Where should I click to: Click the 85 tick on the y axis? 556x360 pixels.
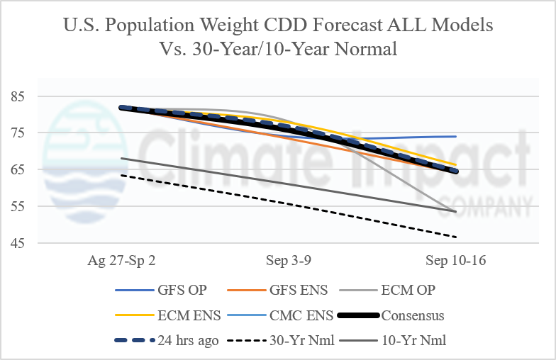coord(17,96)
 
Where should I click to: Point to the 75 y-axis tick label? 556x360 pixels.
coord(17,133)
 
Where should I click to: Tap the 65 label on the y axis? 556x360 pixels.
coord(17,170)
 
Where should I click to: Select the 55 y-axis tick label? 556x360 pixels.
coord(17,207)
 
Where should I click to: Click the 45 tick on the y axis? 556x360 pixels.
coord(17,244)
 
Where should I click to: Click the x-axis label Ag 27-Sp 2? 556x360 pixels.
coord(122,261)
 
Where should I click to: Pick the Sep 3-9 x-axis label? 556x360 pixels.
coord(289,261)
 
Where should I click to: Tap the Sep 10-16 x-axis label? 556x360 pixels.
coord(455,261)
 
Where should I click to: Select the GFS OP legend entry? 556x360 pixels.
coord(161,291)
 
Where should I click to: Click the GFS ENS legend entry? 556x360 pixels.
coord(277,291)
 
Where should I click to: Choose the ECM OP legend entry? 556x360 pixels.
coord(387,291)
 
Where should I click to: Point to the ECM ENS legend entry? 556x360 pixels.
coord(168,315)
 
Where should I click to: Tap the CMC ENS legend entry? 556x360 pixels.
coord(280,315)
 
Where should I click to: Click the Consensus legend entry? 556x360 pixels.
coord(391,315)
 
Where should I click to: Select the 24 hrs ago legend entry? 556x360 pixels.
coord(167,340)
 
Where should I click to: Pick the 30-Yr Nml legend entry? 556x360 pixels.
coord(281,340)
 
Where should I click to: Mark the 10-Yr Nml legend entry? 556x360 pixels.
coord(393,340)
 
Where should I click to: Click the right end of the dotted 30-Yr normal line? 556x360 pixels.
coord(455,237)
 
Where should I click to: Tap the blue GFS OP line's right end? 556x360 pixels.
coord(456,136)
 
